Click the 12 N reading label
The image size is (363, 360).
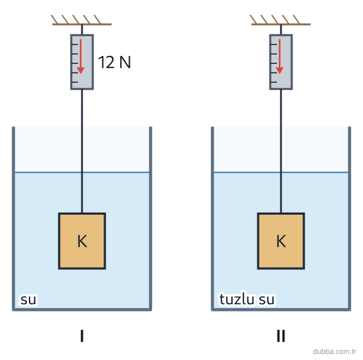[114, 62]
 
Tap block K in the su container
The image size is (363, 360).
[82, 241]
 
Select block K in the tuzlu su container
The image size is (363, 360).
[281, 241]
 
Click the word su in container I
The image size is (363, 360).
[28, 299]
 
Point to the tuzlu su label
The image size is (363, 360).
[247, 299]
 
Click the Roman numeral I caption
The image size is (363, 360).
[82, 336]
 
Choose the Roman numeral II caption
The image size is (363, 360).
[281, 336]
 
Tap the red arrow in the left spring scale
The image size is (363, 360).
[81, 57]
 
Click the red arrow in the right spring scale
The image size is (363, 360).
[280, 57]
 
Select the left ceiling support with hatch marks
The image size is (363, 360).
[81, 20]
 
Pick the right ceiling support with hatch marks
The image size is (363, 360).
[280, 20]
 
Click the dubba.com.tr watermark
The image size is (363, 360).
[335, 351]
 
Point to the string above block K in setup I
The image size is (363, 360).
[82, 151]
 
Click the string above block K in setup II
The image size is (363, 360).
[281, 151]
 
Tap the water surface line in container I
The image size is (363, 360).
[82, 172]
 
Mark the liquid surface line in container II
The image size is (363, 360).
[281, 172]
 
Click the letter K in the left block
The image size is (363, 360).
[82, 241]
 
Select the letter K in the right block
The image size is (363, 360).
[281, 241]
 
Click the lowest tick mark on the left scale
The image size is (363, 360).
[75, 82]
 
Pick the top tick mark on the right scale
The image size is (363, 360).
[274, 44]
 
